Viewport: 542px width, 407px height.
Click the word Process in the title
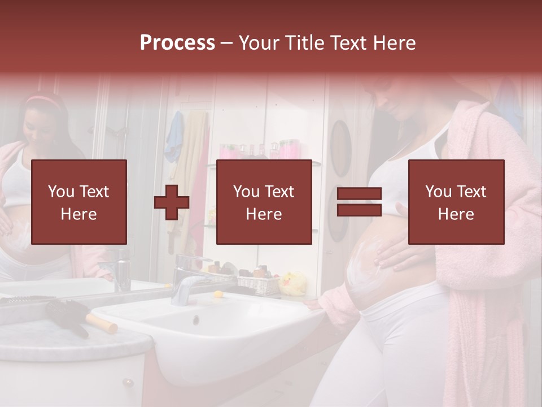(x=177, y=43)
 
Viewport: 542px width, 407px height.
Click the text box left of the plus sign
(x=78, y=202)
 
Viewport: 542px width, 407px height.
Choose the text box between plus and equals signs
(x=264, y=202)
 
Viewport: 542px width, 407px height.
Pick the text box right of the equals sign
(x=456, y=202)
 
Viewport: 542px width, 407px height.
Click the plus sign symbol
(x=172, y=202)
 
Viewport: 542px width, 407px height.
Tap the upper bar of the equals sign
(x=359, y=193)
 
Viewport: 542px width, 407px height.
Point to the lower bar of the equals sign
(x=359, y=210)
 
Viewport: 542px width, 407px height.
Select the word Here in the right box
(x=456, y=214)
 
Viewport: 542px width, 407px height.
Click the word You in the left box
(x=60, y=191)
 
